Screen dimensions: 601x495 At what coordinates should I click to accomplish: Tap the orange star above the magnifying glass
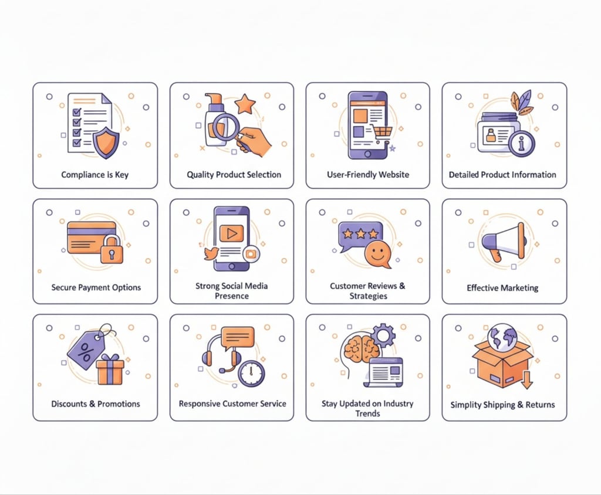pyautogui.click(x=245, y=104)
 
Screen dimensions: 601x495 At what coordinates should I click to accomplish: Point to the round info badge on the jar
pyautogui.click(x=522, y=144)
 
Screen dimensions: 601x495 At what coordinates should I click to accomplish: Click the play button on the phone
pyautogui.click(x=231, y=233)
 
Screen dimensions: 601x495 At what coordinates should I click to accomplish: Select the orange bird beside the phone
pyautogui.click(x=211, y=253)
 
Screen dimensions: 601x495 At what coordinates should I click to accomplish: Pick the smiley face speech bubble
pyautogui.click(x=377, y=255)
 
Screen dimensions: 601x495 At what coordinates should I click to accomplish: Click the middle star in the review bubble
pyautogui.click(x=361, y=233)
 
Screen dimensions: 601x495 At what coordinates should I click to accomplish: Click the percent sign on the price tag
pyautogui.click(x=85, y=352)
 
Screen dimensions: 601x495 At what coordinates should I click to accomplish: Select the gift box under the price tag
pyautogui.click(x=110, y=369)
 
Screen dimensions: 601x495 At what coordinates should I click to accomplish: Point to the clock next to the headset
pyautogui.click(x=251, y=373)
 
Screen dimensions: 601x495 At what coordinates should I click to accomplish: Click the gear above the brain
pyautogui.click(x=383, y=335)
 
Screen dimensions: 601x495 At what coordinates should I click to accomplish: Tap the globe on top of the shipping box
pyautogui.click(x=502, y=337)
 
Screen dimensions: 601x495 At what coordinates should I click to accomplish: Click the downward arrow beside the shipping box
pyautogui.click(x=527, y=379)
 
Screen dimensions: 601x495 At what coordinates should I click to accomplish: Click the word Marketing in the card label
pyautogui.click(x=520, y=288)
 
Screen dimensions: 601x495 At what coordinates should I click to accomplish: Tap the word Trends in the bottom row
pyautogui.click(x=367, y=413)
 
